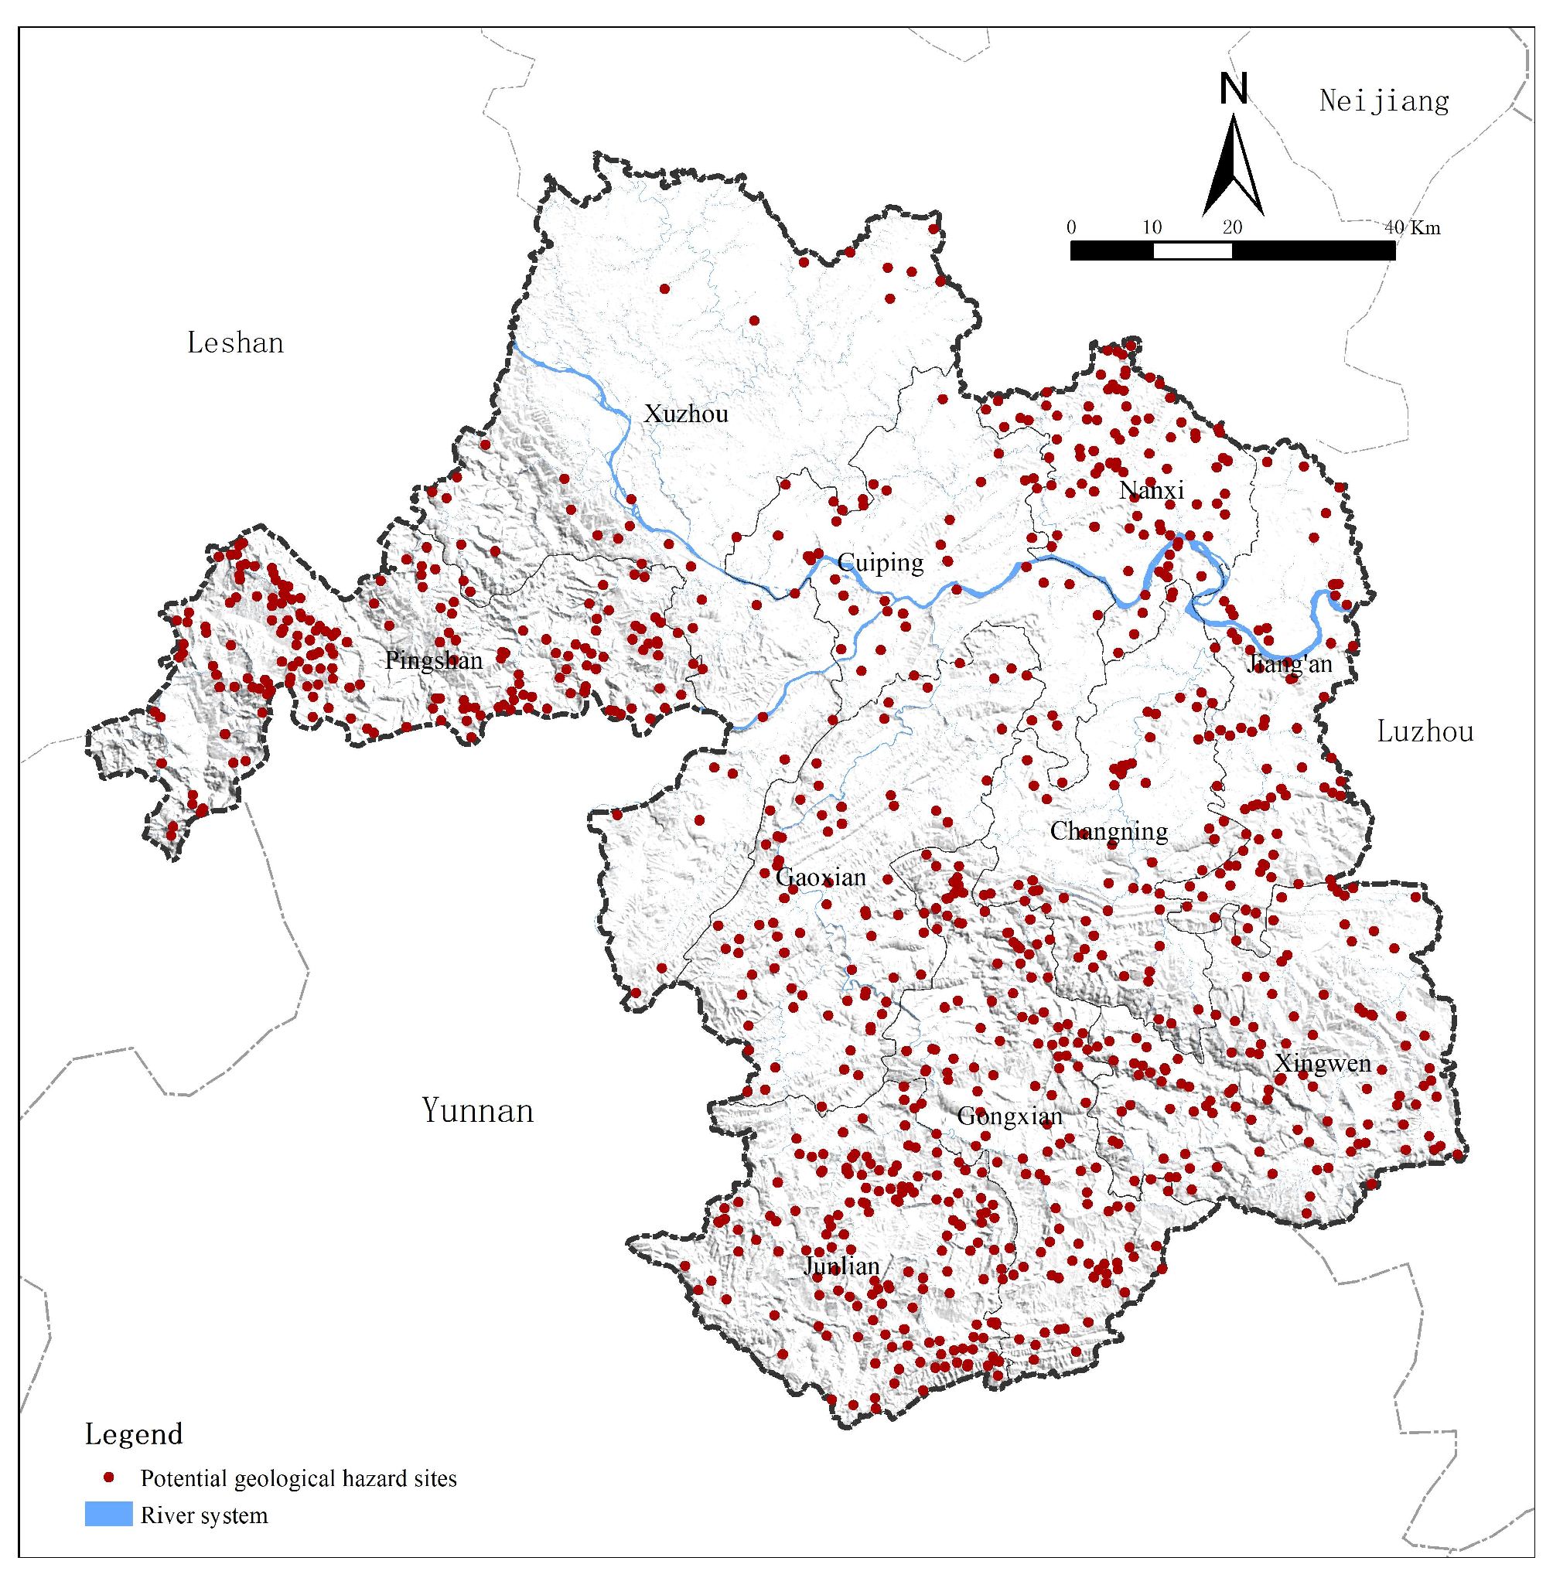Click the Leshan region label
coord(235,343)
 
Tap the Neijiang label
coord(1384,101)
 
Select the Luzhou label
coord(1425,731)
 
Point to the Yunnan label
coord(477,1111)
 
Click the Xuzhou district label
coord(686,414)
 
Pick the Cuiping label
coord(880,563)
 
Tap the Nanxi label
coord(1151,491)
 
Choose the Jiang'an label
coord(1289,665)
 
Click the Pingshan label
coord(433,660)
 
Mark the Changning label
coord(1108,832)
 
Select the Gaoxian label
coord(821,878)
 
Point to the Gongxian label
coord(1010,1116)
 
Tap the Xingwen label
coord(1323,1064)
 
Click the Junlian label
coord(841,1266)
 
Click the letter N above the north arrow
coord(1234,88)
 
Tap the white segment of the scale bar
coord(1192,251)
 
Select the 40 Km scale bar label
coord(1413,227)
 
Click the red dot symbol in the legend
coord(108,1477)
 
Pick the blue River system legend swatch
coord(108,1515)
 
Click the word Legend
coord(134,1434)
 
